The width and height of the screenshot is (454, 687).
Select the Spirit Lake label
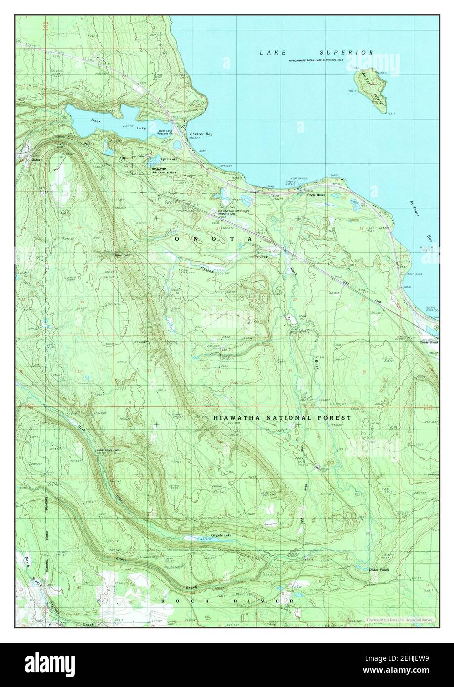click(x=169, y=159)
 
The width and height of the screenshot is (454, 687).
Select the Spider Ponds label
click(x=378, y=570)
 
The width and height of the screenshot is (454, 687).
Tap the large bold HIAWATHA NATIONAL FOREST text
click(x=282, y=418)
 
